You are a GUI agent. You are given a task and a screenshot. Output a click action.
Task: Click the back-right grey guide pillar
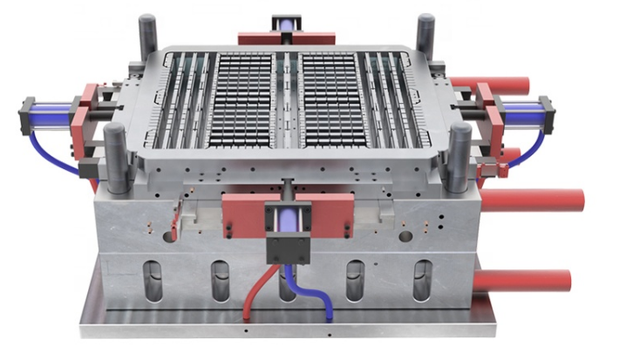[x=425, y=34]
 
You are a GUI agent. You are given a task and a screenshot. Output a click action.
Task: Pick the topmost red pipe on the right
[x=514, y=85]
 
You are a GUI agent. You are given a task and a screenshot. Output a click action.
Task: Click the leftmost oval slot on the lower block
[x=154, y=281]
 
